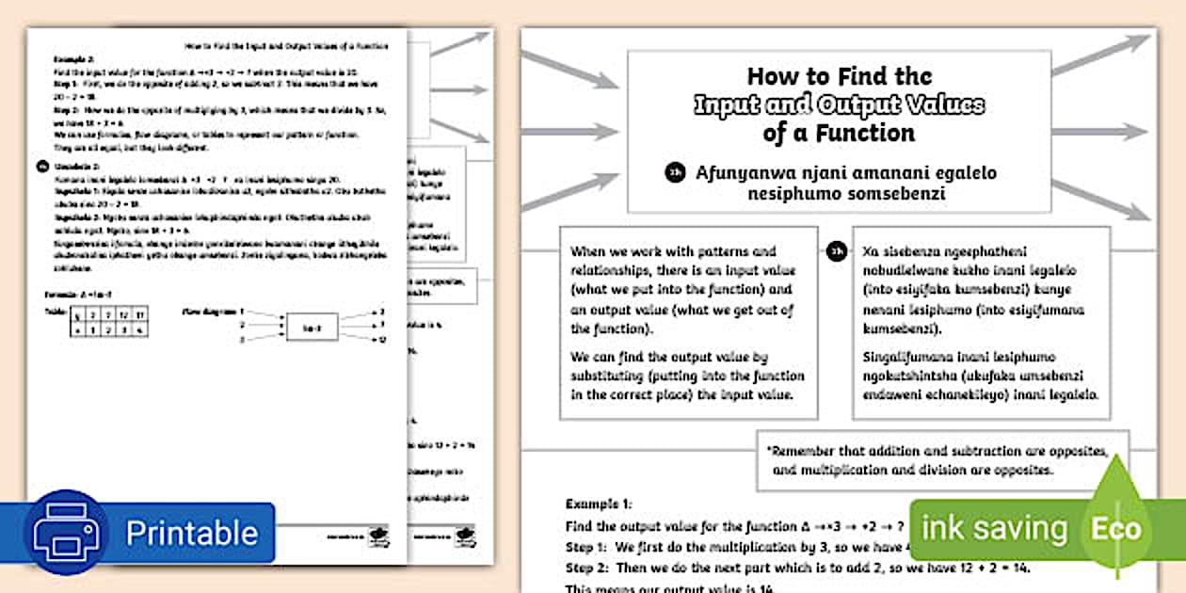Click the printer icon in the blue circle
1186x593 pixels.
pos(65,533)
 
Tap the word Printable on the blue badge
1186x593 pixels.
pos(192,533)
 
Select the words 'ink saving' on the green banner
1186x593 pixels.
pos(994,529)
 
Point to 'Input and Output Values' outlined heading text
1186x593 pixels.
pos(839,104)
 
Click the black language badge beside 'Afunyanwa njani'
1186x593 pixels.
pos(675,173)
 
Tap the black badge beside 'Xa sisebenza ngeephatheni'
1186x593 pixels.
pos(837,252)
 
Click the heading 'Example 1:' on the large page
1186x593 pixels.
pos(599,505)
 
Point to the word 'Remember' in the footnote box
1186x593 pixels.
pos(809,450)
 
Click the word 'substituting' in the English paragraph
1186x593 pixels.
pos(610,376)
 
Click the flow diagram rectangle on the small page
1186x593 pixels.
pos(313,327)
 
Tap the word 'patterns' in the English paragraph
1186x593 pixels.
pos(716,252)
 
